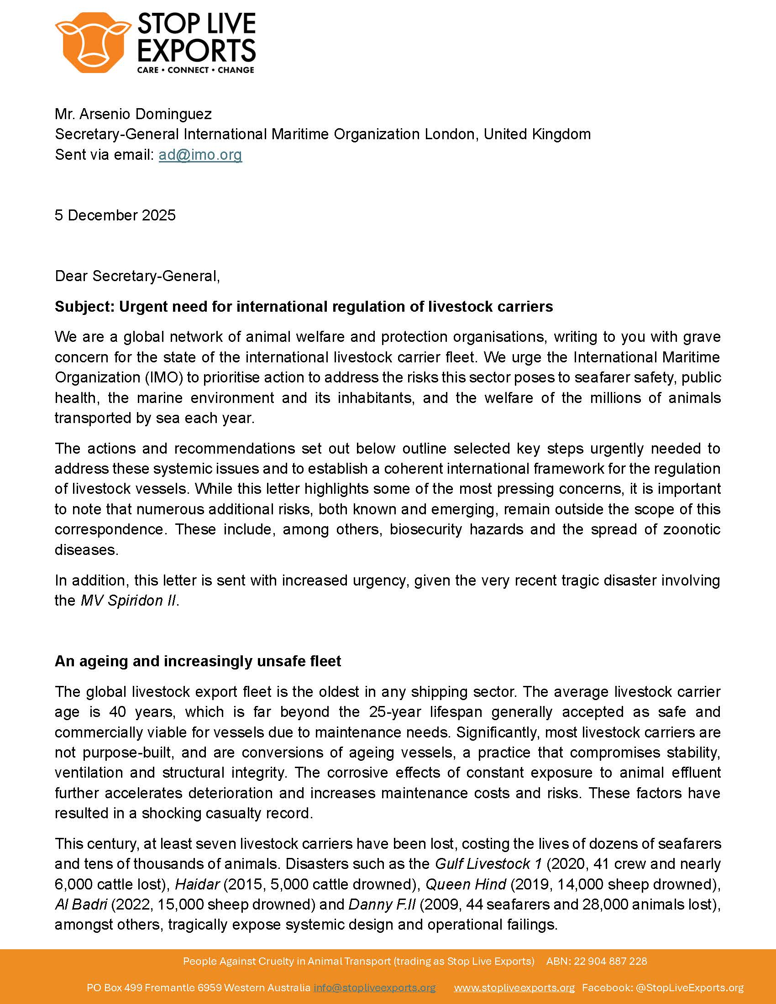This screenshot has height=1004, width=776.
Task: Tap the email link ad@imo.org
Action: (x=200, y=155)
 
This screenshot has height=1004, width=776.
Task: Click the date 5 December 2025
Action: (x=115, y=215)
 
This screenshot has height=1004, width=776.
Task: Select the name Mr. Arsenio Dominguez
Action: (x=133, y=114)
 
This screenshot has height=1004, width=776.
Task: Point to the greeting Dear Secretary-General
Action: (x=137, y=276)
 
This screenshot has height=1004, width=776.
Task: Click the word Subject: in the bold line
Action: (x=84, y=307)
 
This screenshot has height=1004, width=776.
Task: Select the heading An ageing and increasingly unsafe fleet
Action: (x=198, y=661)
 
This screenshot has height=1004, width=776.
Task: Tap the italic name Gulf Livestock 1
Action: (x=488, y=864)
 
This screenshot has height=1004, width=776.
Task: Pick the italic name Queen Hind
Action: (x=466, y=884)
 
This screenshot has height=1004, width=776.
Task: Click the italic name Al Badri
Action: (x=80, y=904)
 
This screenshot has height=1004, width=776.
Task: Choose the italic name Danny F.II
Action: (x=382, y=904)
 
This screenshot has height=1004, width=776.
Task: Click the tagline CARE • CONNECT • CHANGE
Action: (x=196, y=70)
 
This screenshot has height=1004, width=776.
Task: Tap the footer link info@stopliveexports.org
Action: (x=374, y=988)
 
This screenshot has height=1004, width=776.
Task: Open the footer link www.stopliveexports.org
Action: (x=514, y=988)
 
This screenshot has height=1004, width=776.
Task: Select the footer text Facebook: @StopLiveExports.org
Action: (x=662, y=988)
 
